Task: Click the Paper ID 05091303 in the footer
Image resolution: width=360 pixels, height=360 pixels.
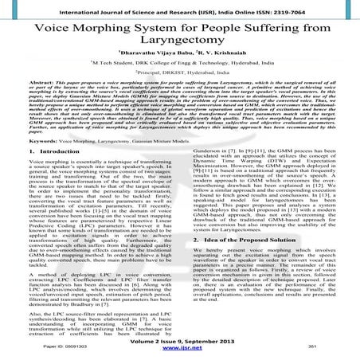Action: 65,349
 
